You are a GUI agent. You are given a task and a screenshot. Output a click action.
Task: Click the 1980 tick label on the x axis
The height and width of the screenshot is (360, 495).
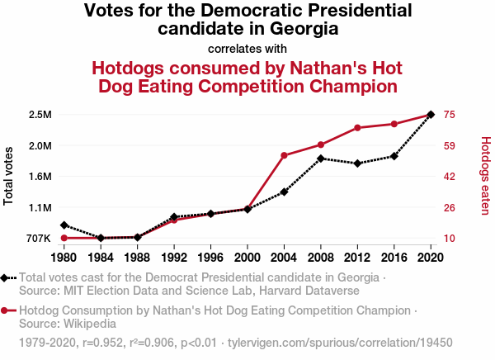[x=64, y=257]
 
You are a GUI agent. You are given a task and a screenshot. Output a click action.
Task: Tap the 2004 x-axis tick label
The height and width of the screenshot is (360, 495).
[x=284, y=257]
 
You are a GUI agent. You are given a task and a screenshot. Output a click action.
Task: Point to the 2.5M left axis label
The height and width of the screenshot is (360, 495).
[x=40, y=114]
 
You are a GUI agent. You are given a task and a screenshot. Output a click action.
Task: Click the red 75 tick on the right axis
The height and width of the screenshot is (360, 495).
[x=450, y=114]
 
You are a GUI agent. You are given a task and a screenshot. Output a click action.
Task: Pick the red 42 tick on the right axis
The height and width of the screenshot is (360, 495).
[x=450, y=177]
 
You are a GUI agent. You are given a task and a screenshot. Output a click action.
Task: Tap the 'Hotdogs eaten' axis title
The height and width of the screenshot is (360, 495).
[x=485, y=177]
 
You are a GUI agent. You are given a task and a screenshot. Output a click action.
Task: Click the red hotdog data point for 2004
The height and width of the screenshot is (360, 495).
[x=284, y=155]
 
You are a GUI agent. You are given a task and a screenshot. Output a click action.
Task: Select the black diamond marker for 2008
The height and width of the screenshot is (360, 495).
[x=321, y=158]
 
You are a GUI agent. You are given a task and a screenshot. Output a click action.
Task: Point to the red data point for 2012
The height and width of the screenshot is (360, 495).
[x=357, y=128]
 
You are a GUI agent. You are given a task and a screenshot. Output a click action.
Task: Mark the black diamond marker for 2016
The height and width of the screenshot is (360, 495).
[x=394, y=156]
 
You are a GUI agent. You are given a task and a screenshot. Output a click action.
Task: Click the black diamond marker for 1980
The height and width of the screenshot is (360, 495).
[x=64, y=225]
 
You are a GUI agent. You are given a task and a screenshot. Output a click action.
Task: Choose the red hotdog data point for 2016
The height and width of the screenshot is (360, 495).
[x=394, y=124]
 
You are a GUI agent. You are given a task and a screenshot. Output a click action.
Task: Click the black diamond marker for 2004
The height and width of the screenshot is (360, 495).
[x=284, y=192]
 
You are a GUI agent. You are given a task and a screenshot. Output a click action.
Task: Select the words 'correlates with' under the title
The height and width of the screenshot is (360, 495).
[x=247, y=48]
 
